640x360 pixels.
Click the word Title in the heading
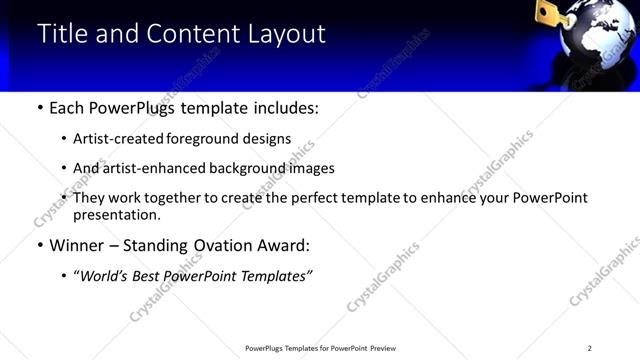click(x=62, y=34)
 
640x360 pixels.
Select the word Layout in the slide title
click(x=286, y=34)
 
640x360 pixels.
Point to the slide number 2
click(x=589, y=348)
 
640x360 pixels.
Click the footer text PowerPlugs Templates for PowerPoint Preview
click(x=320, y=348)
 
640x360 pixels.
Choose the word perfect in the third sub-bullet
click(x=314, y=198)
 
